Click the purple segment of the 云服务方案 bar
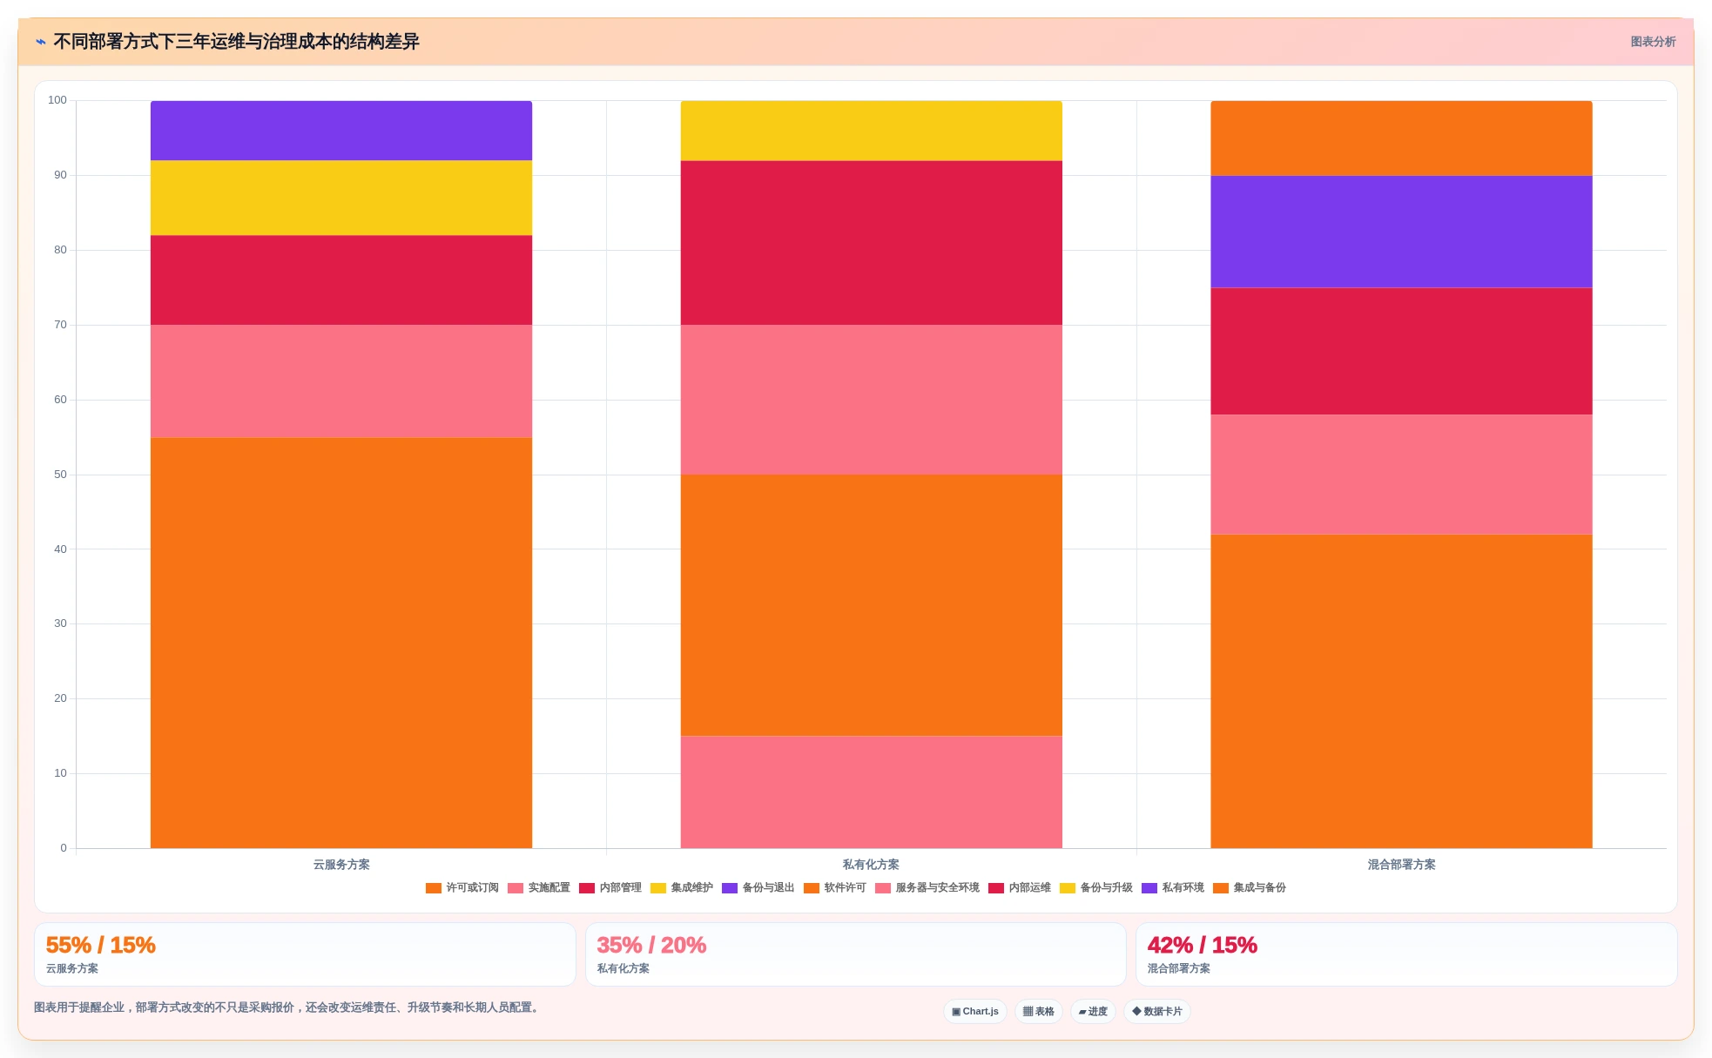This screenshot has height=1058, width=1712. [x=341, y=131]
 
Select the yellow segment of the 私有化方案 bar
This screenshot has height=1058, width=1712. [x=871, y=131]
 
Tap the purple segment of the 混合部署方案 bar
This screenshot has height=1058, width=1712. [x=1401, y=232]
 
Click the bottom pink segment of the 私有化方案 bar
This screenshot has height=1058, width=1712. [x=871, y=792]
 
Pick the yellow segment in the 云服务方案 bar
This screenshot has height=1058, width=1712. [x=341, y=198]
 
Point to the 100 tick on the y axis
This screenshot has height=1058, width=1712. [x=57, y=100]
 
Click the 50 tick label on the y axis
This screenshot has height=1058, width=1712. [x=60, y=475]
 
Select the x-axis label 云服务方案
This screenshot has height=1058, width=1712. [x=341, y=865]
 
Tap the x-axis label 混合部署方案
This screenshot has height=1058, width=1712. [x=1401, y=865]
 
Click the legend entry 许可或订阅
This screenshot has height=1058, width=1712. [x=462, y=888]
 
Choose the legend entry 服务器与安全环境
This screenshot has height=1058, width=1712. [x=927, y=888]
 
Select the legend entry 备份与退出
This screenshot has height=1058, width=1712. [x=758, y=888]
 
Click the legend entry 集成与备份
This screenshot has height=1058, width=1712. [x=1250, y=888]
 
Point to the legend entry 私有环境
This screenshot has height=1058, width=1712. [x=1173, y=888]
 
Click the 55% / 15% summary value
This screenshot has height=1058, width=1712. [x=100, y=945]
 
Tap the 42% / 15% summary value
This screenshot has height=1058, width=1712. [x=1202, y=945]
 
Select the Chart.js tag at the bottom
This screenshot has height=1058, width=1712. [x=975, y=1011]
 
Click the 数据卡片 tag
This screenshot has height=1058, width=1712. [x=1157, y=1011]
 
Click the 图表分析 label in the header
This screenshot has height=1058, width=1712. [x=1653, y=42]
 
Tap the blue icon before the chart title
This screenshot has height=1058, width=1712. [x=41, y=42]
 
